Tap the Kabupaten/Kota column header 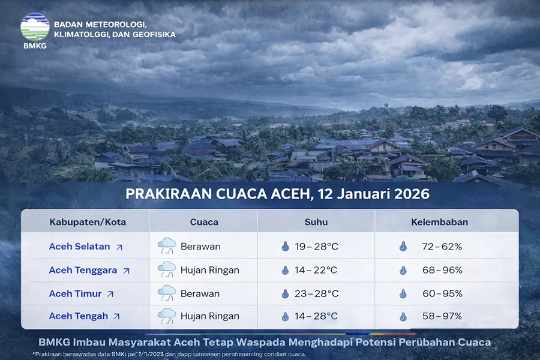[x=88, y=222]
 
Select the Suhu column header [x=316, y=222]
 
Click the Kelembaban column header [x=439, y=222]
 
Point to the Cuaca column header [x=204, y=222]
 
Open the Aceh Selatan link [x=80, y=247]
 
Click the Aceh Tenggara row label [x=83, y=270]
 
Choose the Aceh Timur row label [x=76, y=294]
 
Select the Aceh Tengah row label [x=79, y=316]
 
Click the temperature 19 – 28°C [x=317, y=247]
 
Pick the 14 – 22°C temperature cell [x=316, y=270]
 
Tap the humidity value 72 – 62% [x=442, y=247]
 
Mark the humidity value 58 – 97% [x=442, y=316]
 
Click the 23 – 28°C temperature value [x=317, y=294]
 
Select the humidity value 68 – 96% [x=442, y=270]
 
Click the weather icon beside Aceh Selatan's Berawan [x=166, y=246]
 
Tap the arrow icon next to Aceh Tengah [x=116, y=317]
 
